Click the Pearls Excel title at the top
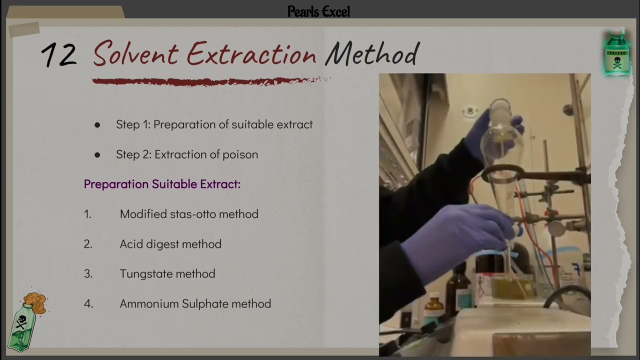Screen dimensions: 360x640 click(318, 11)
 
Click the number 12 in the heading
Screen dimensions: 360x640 click(59, 55)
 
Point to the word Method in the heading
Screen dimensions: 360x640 click(371, 53)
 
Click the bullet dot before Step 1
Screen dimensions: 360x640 click(97, 125)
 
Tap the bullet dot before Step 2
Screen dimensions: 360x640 click(97, 155)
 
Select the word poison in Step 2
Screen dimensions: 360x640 click(240, 154)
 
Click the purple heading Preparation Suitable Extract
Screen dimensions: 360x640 click(162, 184)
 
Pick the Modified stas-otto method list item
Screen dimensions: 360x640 click(189, 214)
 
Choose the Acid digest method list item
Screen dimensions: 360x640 click(170, 244)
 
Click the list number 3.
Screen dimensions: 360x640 click(88, 274)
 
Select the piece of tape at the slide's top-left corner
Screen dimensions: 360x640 click(24, 29)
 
